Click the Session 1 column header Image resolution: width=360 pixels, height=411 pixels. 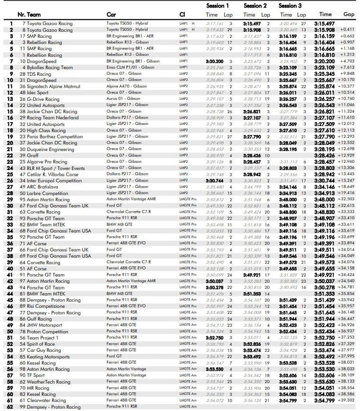click(x=218, y=6)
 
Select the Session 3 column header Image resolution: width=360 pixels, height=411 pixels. click(x=290, y=6)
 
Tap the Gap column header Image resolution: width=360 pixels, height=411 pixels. click(x=349, y=15)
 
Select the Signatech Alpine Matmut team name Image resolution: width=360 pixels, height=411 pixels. click(x=53, y=86)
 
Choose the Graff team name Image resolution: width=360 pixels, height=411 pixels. click(x=32, y=155)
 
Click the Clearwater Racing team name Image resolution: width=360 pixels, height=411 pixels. click(x=46, y=400)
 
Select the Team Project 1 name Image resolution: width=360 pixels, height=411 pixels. click(x=42, y=338)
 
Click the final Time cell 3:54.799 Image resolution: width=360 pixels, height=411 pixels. click(x=325, y=400)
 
